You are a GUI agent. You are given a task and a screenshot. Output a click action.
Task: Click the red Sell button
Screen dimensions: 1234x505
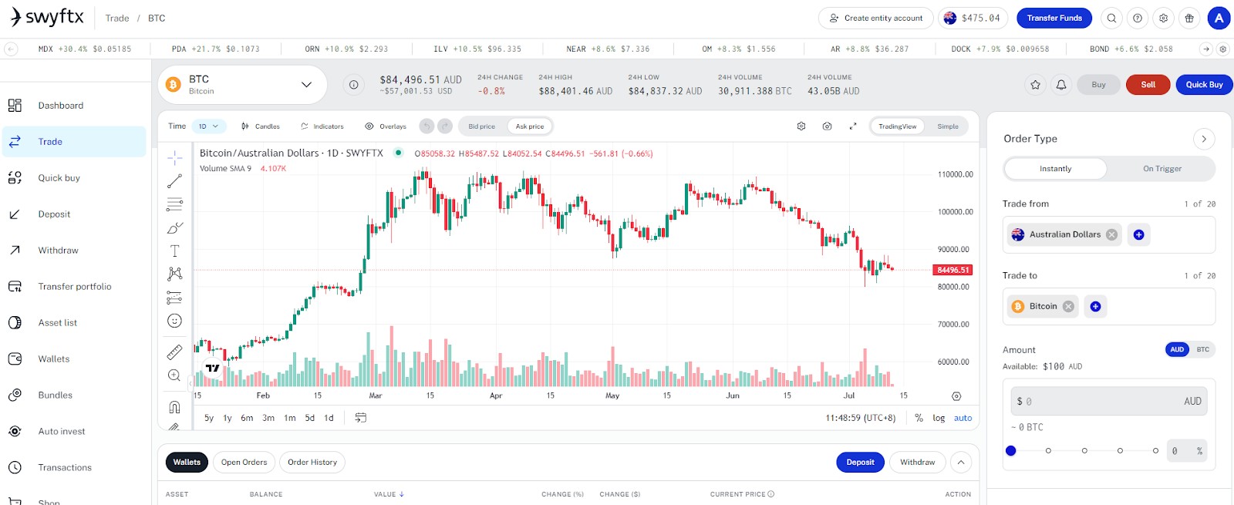click(x=1148, y=84)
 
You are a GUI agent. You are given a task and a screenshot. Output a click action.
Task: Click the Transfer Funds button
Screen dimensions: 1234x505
click(x=1054, y=19)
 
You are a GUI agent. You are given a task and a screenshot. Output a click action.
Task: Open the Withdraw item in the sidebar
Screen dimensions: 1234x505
click(x=58, y=250)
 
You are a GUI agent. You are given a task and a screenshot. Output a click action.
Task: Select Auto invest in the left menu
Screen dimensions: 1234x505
click(x=61, y=431)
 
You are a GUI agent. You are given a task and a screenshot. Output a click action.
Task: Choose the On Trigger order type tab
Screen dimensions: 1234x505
click(x=1162, y=169)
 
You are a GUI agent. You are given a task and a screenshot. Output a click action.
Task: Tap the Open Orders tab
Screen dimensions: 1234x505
click(x=244, y=462)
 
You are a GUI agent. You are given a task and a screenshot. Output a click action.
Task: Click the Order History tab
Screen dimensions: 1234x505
click(x=312, y=462)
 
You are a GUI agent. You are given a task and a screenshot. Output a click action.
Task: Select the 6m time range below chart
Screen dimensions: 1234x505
click(x=247, y=418)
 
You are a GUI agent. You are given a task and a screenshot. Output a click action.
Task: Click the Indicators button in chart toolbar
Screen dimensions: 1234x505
click(x=322, y=126)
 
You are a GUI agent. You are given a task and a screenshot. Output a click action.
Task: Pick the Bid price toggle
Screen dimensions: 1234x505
click(x=481, y=126)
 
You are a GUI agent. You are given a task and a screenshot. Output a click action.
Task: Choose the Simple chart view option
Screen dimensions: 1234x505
click(x=948, y=126)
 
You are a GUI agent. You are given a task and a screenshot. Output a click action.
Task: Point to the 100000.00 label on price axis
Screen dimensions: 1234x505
click(x=955, y=212)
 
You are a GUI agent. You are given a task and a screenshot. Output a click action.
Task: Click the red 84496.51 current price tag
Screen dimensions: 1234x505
click(x=952, y=270)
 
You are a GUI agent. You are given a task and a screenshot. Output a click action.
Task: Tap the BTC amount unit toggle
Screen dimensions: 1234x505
click(x=1202, y=349)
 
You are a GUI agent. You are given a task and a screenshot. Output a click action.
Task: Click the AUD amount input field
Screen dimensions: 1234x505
click(x=1109, y=402)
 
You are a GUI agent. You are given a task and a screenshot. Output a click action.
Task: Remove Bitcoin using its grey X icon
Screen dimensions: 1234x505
click(x=1068, y=306)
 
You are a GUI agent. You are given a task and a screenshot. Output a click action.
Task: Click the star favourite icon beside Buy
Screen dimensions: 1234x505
click(x=1035, y=85)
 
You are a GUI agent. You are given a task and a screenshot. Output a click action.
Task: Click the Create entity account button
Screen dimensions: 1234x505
click(x=876, y=19)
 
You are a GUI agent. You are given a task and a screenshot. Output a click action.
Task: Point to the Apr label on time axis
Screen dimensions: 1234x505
click(x=496, y=396)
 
